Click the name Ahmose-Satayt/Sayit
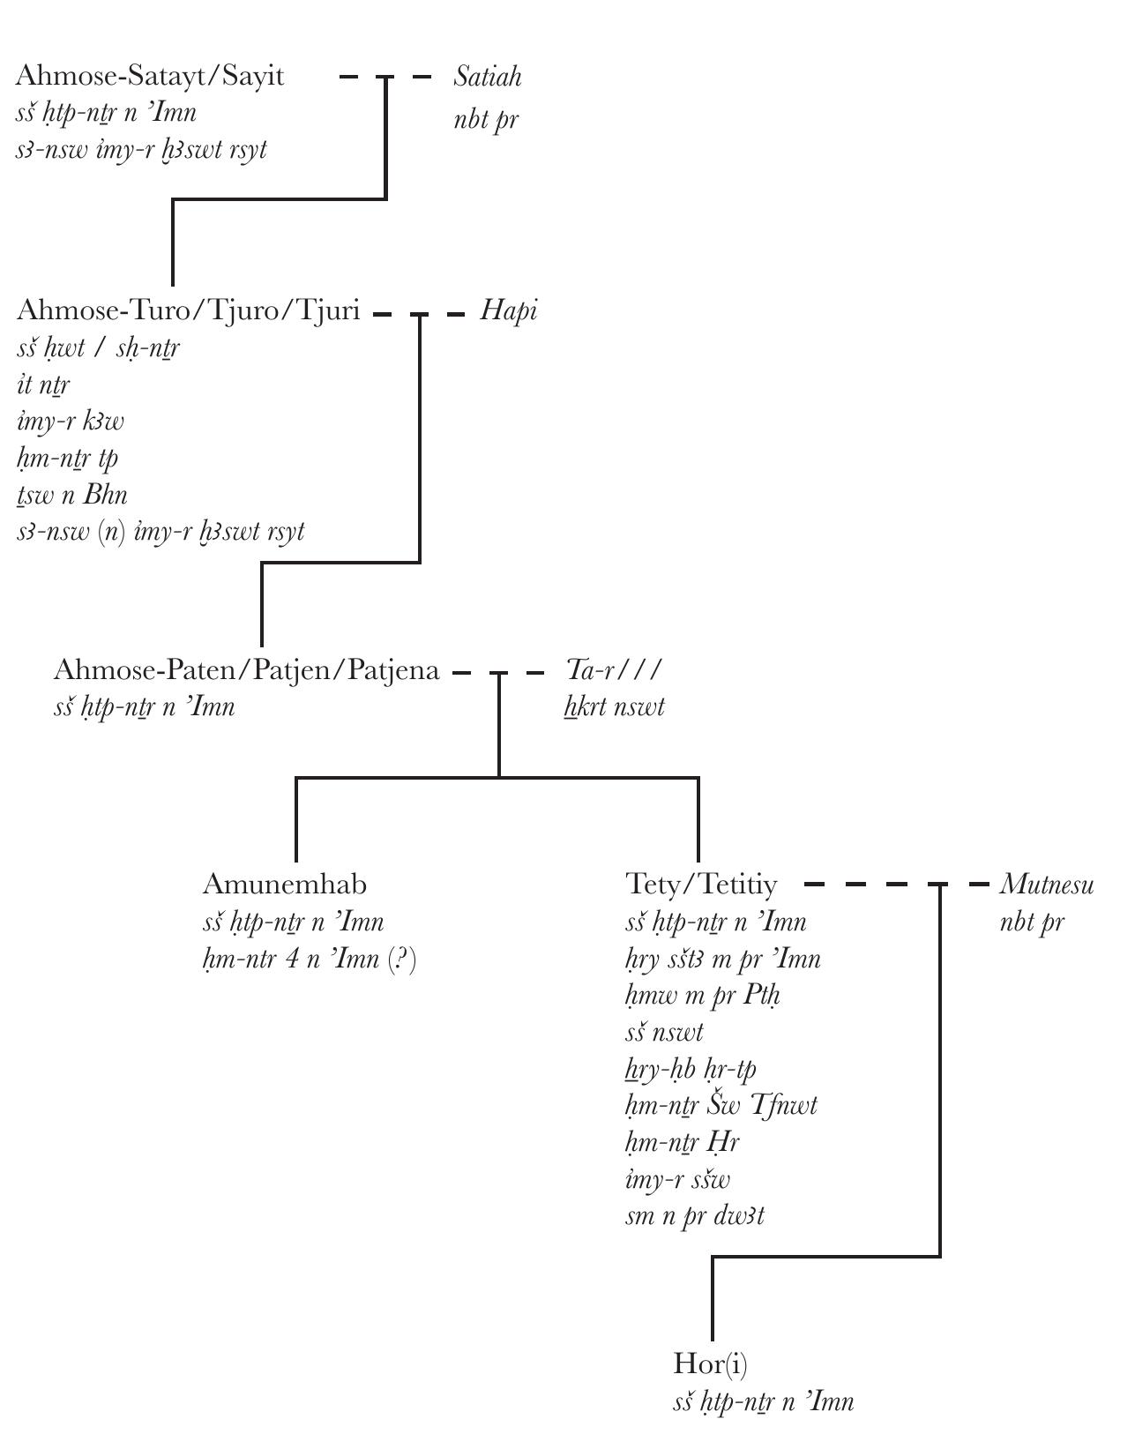(x=150, y=76)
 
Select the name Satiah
(x=488, y=78)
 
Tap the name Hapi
(x=509, y=311)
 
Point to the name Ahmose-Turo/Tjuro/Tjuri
(x=188, y=310)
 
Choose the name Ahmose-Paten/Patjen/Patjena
(x=246, y=670)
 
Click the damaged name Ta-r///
(x=613, y=670)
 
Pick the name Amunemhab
(x=284, y=884)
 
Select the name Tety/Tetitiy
(x=702, y=884)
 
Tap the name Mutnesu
(x=1047, y=885)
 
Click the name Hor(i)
(x=710, y=1363)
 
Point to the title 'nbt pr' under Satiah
(x=486, y=120)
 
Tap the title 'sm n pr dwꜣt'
(x=695, y=1216)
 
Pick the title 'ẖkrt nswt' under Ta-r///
(x=615, y=707)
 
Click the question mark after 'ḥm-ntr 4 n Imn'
(x=403, y=959)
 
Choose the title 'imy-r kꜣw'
(x=71, y=422)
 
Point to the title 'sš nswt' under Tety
(x=664, y=1032)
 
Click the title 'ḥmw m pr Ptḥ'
(x=703, y=996)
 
